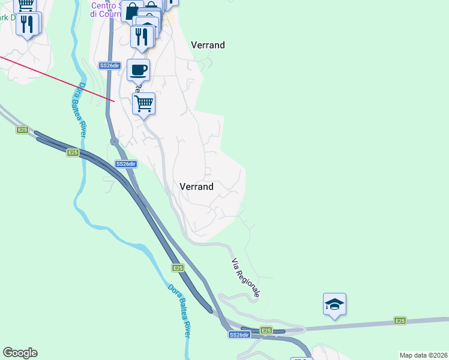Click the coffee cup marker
click(138, 70)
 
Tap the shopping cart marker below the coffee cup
click(144, 104)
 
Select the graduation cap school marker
click(334, 304)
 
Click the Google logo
click(20, 353)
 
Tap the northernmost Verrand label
click(208, 45)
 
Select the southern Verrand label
click(196, 187)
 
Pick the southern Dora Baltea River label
click(178, 310)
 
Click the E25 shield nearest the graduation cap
click(400, 321)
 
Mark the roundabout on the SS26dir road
click(113, 142)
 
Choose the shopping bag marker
click(131, 11)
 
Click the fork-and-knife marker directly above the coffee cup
click(142, 36)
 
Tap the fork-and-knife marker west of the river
click(27, 24)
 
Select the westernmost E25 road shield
click(22, 130)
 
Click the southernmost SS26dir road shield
click(238, 335)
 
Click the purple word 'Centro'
click(103, 5)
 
